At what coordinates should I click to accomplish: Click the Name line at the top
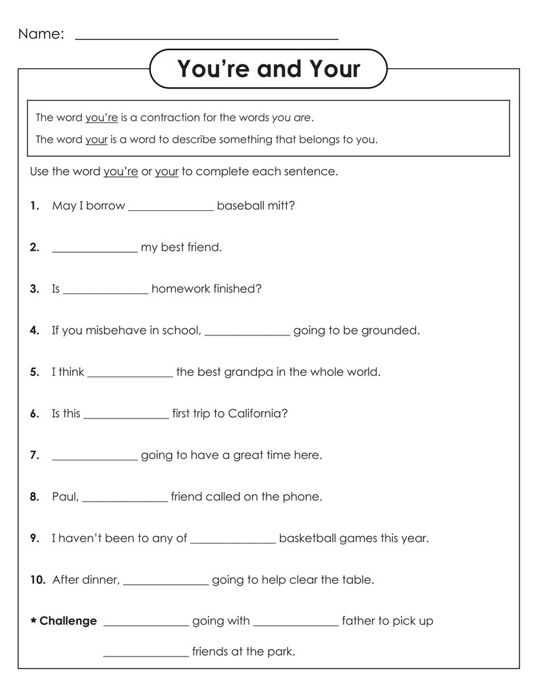click(x=206, y=38)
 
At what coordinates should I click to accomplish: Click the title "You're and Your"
click(x=268, y=68)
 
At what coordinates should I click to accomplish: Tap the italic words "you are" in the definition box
click(x=292, y=118)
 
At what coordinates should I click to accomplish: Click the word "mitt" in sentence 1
click(x=280, y=206)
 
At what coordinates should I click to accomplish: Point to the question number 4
click(x=34, y=331)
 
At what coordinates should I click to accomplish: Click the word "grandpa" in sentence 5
click(x=253, y=372)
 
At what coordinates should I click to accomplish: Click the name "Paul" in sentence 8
click(x=65, y=497)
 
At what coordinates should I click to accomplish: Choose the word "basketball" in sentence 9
click(x=307, y=538)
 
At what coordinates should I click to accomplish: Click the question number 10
click(x=38, y=579)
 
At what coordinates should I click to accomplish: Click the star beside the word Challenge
click(x=34, y=620)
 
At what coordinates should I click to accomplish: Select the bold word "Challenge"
click(x=68, y=621)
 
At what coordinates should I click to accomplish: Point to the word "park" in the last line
click(x=281, y=652)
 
